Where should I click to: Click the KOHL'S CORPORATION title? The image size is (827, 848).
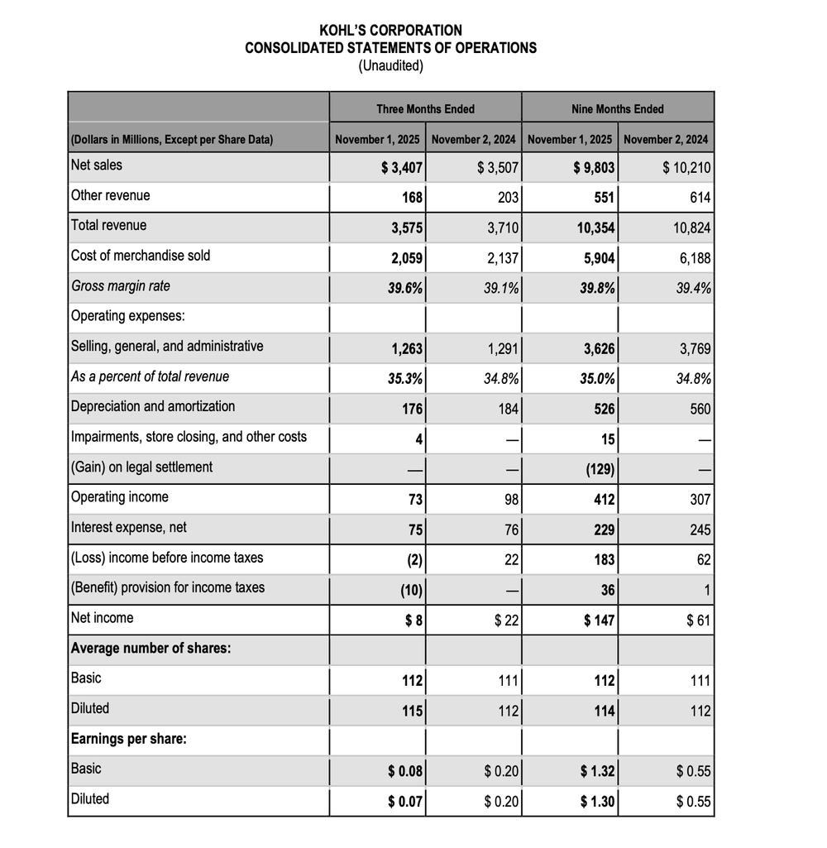pyautogui.click(x=390, y=30)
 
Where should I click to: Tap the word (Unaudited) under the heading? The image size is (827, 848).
pyautogui.click(x=390, y=65)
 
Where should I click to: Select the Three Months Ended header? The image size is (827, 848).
pyautogui.click(x=425, y=109)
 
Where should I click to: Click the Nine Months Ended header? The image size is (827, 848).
pyautogui.click(x=617, y=109)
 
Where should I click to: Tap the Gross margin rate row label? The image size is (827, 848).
pyautogui.click(x=121, y=285)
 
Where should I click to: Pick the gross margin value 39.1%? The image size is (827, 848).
pyautogui.click(x=502, y=289)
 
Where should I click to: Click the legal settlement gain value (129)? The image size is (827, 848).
pyautogui.click(x=600, y=470)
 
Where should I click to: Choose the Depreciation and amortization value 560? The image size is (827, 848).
pyautogui.click(x=699, y=410)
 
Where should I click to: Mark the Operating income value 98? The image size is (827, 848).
pyautogui.click(x=510, y=500)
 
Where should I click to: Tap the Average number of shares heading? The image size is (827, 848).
pyautogui.click(x=151, y=648)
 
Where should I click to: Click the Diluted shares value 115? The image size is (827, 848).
pyautogui.click(x=413, y=711)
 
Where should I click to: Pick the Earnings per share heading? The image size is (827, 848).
pyautogui.click(x=129, y=739)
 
